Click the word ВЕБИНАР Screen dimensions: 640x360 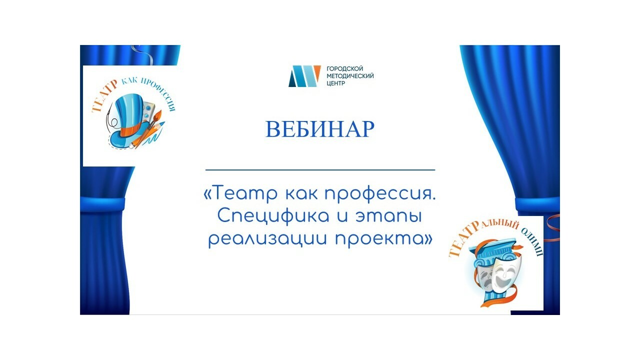[319, 129]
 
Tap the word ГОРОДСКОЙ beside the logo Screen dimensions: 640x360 [345, 68]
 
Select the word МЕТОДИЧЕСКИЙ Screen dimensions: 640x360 [350, 76]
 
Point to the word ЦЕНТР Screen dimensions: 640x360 [335, 83]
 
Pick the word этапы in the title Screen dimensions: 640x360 [388, 217]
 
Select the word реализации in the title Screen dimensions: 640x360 [267, 239]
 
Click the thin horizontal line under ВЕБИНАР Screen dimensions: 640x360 [320, 169]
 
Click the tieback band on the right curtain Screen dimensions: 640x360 [537, 203]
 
